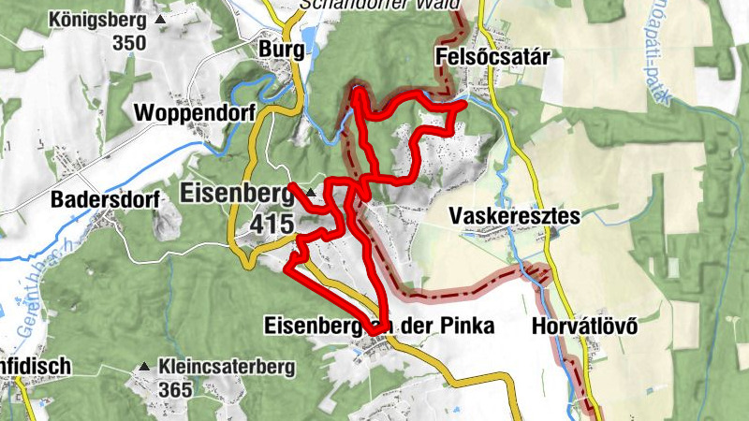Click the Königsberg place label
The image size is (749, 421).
point(99,19)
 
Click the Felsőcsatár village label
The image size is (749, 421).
point(492,58)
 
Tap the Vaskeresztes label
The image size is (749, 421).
point(514,216)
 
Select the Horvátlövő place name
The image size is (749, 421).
point(583,327)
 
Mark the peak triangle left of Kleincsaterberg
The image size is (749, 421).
point(145,366)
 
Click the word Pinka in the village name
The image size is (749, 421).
point(459,327)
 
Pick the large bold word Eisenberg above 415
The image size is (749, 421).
point(234,195)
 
